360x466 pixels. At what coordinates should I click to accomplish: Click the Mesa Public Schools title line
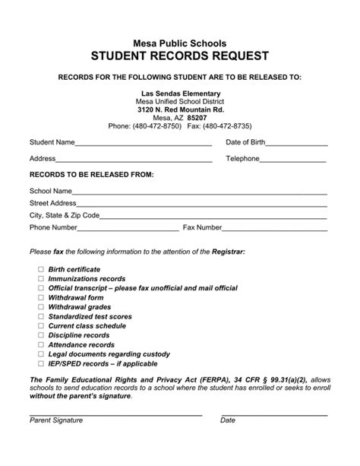pyautogui.click(x=180, y=40)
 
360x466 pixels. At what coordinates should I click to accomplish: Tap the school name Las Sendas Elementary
pyautogui.click(x=180, y=93)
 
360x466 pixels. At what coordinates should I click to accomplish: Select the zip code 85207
pyautogui.click(x=197, y=118)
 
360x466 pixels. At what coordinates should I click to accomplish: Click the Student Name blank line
pyautogui.click(x=144, y=144)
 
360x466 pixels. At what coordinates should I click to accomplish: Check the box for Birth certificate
pyautogui.click(x=41, y=270)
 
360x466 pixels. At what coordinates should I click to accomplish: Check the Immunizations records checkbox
pyautogui.click(x=41, y=279)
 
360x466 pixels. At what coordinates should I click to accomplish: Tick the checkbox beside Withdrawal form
pyautogui.click(x=41, y=297)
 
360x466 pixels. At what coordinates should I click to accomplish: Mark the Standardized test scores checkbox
pyautogui.click(x=41, y=315)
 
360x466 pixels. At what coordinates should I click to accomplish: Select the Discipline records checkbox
pyautogui.click(x=41, y=334)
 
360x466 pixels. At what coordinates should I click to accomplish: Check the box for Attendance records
pyautogui.click(x=41, y=344)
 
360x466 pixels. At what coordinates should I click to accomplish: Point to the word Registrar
pyautogui.click(x=227, y=252)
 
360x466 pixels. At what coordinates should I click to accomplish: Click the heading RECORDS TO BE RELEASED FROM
pyautogui.click(x=91, y=175)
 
